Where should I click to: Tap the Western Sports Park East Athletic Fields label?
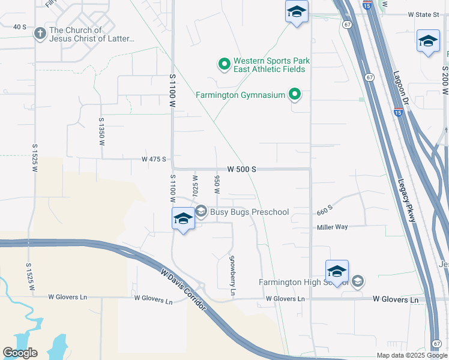(x=269, y=65)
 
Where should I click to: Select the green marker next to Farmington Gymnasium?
(x=294, y=94)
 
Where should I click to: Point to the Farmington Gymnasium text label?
(x=240, y=95)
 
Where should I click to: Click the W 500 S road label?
(x=242, y=170)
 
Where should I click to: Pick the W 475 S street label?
(x=153, y=160)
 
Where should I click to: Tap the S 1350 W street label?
(x=101, y=132)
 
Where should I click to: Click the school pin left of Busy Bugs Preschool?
(x=183, y=219)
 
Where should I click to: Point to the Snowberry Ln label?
(x=233, y=275)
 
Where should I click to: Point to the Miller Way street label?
(x=333, y=227)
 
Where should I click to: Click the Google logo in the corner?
(x=19, y=352)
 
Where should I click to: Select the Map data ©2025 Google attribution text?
(x=412, y=355)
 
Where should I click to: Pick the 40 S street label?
(x=20, y=27)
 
